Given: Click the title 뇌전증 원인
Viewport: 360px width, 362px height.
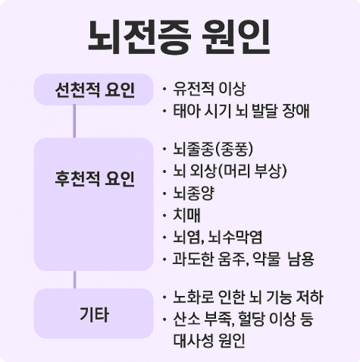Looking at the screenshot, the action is [x=179, y=37].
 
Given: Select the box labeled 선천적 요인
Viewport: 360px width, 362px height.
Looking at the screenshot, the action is [x=94, y=90].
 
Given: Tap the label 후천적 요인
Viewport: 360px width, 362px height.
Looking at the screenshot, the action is [x=95, y=178].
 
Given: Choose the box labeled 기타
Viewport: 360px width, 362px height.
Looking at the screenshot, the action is [x=94, y=313].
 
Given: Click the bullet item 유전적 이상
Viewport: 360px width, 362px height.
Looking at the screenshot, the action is [x=209, y=89].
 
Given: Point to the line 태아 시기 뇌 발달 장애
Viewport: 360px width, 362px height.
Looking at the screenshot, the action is [x=241, y=111].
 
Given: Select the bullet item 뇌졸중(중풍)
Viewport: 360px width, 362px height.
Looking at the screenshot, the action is [x=213, y=149].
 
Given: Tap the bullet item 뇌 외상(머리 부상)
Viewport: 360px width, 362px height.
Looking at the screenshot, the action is [x=230, y=171].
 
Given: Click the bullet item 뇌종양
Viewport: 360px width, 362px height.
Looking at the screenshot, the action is [x=194, y=194].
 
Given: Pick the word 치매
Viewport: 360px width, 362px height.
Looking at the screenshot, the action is [x=186, y=216].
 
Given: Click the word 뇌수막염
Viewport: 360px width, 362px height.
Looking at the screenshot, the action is [x=235, y=238].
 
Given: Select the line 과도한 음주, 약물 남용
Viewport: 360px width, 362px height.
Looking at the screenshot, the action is [x=243, y=260].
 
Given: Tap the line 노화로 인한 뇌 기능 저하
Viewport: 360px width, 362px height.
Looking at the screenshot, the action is [x=248, y=297].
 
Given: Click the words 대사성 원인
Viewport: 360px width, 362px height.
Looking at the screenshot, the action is [x=209, y=341].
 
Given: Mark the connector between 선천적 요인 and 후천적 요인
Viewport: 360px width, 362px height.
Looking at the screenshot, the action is [x=74, y=121].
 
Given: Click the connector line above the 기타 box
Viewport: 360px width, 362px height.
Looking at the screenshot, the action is [x=74, y=280].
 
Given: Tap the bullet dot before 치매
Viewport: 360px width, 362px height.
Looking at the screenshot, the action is [x=164, y=216].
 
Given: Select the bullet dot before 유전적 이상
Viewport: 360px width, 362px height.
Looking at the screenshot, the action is [x=164, y=89].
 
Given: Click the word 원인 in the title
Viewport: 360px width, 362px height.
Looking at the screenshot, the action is [x=236, y=37].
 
